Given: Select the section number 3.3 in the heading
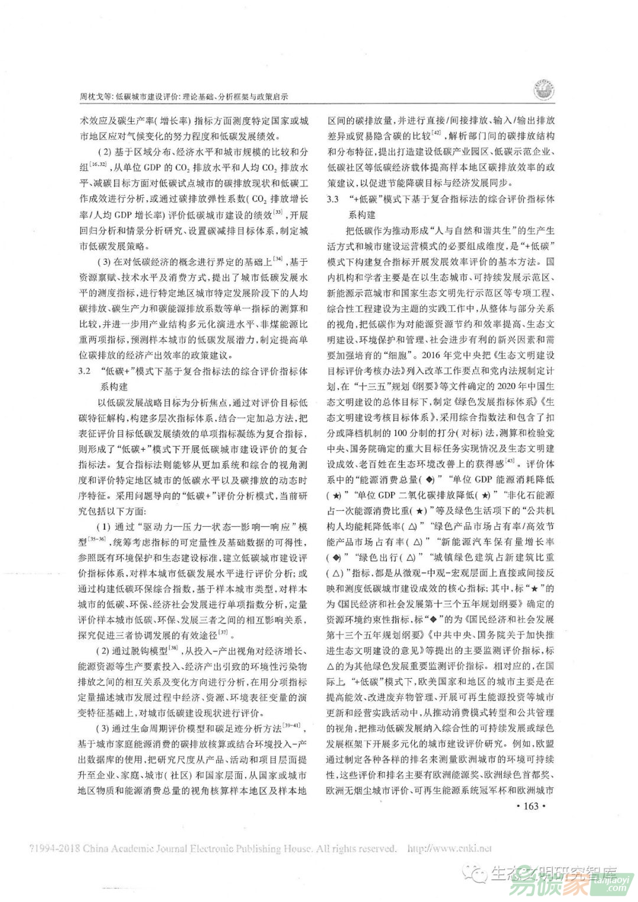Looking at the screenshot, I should point(334,199).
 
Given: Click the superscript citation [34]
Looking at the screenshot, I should point(276,258).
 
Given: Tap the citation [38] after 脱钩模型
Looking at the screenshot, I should point(174,649).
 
